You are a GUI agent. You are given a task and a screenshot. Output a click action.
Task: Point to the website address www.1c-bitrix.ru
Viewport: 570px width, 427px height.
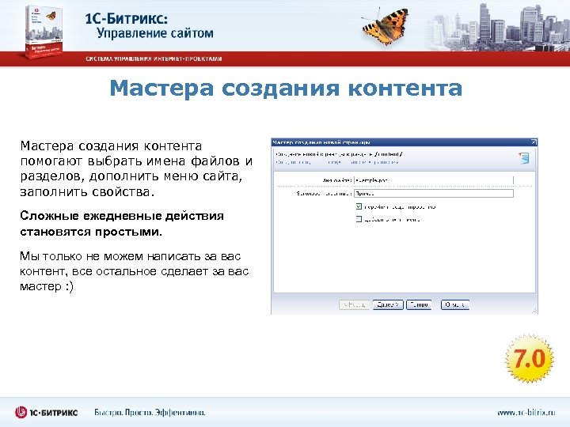click(526, 412)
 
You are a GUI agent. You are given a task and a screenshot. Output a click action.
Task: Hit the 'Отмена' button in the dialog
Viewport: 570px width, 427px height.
click(454, 304)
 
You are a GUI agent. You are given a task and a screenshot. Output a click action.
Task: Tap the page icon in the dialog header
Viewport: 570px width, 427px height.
click(523, 158)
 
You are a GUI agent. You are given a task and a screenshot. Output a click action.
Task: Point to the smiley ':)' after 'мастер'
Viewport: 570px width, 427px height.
click(67, 285)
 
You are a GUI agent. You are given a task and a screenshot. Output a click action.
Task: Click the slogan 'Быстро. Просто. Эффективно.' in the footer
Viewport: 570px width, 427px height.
click(150, 412)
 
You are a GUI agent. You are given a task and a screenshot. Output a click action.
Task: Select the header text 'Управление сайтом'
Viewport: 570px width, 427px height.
click(155, 33)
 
